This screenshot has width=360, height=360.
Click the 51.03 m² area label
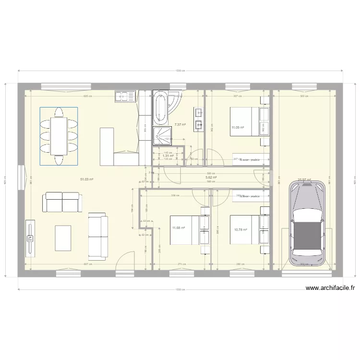[x=86, y=179]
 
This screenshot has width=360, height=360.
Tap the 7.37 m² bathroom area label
[x=180, y=125]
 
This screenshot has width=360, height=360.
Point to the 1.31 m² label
[x=168, y=156]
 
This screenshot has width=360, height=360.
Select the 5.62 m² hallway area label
[x=211, y=177]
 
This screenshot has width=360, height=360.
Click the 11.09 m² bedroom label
[x=238, y=128]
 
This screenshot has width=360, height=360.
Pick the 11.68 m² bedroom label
[x=179, y=228]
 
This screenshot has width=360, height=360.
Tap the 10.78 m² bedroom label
[x=240, y=230]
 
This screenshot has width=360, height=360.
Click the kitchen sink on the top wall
[x=125, y=96]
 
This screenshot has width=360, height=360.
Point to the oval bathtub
[x=160, y=108]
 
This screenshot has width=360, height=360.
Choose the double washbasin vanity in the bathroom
[x=198, y=119]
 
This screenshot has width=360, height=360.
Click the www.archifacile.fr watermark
[x=330, y=288]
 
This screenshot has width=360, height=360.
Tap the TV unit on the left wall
[x=30, y=238]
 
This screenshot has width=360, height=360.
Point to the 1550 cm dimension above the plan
[x=181, y=71]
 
